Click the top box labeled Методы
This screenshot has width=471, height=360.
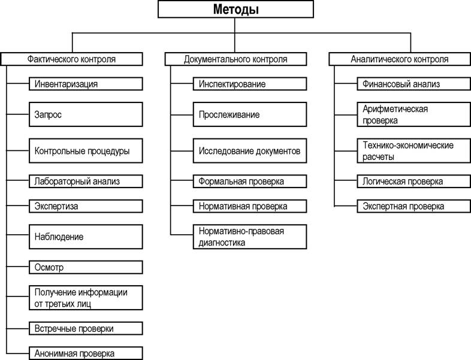[236, 9]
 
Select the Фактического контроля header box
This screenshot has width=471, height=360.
[71, 59]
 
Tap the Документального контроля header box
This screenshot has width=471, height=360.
[236, 59]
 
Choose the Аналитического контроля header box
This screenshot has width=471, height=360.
[400, 59]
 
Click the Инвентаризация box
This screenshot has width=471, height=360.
[86, 84]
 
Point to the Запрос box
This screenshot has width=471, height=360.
[86, 114]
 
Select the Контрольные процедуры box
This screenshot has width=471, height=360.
[86, 151]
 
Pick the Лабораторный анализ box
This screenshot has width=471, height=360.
[86, 181]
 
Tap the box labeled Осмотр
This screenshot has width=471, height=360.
[86, 267]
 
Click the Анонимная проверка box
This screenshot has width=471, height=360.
[86, 353]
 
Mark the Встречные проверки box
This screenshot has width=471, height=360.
[86, 328]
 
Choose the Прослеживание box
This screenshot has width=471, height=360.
[250, 114]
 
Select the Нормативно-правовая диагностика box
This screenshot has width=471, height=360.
[250, 237]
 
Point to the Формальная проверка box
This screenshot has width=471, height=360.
[250, 181]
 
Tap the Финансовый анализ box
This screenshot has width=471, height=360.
[414, 84]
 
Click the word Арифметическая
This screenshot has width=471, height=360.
[395, 109]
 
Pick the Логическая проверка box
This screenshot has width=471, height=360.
[414, 181]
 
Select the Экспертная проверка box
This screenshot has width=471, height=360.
[414, 206]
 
